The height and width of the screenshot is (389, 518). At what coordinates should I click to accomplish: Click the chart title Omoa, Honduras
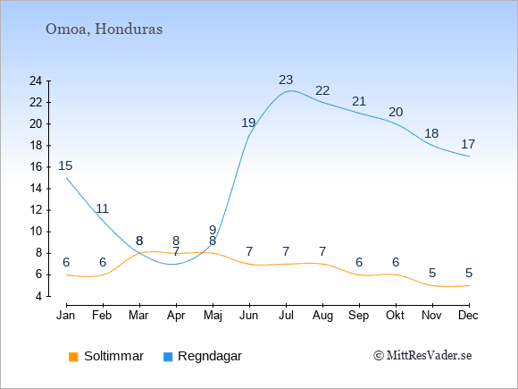tap(104, 30)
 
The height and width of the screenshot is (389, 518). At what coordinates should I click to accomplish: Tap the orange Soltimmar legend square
tap(73, 357)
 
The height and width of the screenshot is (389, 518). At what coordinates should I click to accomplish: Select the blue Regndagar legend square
tap(168, 357)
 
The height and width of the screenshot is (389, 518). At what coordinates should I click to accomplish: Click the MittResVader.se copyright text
tap(422, 356)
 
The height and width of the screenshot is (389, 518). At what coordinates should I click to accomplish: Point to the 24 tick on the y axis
tap(36, 80)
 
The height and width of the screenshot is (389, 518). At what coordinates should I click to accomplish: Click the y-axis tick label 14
tap(36, 189)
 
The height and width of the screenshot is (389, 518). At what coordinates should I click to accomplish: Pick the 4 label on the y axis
tap(38, 296)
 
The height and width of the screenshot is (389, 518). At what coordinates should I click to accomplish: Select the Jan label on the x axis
tap(66, 316)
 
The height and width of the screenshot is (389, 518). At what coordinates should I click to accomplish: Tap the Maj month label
tap(213, 316)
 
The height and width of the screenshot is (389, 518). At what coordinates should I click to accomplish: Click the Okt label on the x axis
tap(396, 316)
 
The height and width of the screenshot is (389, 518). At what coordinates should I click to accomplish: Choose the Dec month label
tap(469, 316)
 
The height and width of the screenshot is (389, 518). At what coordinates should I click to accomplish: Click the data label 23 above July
tap(286, 80)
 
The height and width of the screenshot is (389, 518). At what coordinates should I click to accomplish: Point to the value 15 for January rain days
tap(65, 165)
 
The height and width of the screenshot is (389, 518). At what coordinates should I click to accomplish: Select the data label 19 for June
tap(248, 123)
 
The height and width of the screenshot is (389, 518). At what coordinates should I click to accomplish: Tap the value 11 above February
tap(102, 208)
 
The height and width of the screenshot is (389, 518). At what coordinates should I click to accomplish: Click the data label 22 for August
tap(322, 90)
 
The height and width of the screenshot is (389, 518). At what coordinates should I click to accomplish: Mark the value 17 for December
tap(468, 145)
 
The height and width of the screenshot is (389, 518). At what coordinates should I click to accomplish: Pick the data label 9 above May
tap(213, 230)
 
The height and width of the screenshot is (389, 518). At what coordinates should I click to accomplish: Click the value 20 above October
tap(396, 113)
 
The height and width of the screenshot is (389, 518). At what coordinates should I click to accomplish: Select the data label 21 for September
tap(359, 102)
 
